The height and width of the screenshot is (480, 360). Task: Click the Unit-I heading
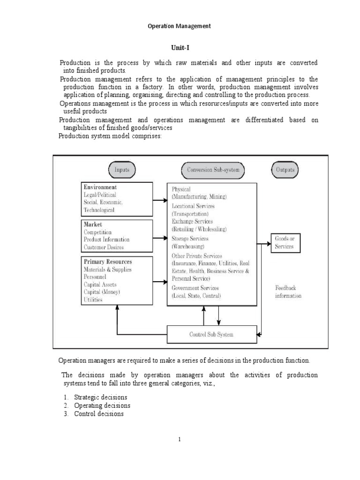180,47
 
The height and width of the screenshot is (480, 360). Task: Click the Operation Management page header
180,26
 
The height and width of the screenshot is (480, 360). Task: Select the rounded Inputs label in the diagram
122,170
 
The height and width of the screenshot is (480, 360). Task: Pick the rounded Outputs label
285,170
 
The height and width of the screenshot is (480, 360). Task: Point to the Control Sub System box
211,335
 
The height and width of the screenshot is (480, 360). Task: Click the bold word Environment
100,187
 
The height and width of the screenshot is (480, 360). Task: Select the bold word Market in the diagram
93,225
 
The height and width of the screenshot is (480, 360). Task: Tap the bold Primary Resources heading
108,262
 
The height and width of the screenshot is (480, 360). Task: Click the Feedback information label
288,292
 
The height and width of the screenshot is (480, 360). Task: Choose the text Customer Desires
104,247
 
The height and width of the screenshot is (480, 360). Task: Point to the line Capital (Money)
102,292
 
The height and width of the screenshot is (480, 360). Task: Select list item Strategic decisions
97,397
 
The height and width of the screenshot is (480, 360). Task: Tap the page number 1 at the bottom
179,439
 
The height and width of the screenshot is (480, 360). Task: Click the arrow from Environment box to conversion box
160,201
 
